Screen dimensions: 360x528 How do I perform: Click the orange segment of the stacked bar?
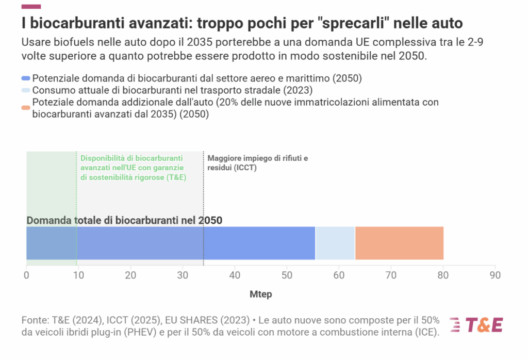[x=399, y=243]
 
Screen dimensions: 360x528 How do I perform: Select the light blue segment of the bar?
[x=335, y=243]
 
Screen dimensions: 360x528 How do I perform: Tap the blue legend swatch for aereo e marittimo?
[x=26, y=79]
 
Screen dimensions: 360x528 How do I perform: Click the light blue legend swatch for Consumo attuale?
[x=26, y=90]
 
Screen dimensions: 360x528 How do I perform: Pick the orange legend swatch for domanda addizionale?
[x=26, y=108]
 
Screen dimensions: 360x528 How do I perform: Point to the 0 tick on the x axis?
[x=26, y=275]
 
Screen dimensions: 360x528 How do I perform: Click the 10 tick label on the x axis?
[x=78, y=275]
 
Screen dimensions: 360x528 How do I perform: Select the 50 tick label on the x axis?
[x=287, y=275]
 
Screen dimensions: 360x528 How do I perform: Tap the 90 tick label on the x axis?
[x=495, y=275]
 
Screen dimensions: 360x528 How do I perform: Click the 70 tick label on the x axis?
[x=391, y=275]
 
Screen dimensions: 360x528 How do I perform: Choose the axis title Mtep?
[x=260, y=294]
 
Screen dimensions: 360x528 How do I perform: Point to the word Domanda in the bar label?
[x=48, y=220]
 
